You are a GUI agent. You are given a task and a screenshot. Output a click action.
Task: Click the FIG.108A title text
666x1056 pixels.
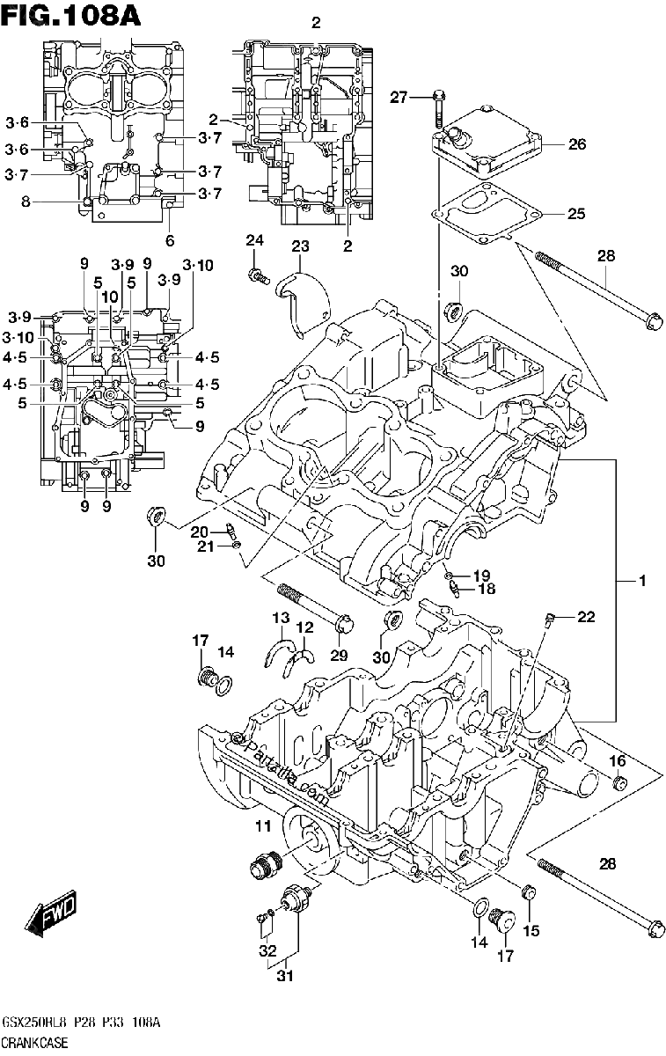coord(71,17)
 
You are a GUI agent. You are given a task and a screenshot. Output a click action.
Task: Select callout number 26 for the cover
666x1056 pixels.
coord(576,143)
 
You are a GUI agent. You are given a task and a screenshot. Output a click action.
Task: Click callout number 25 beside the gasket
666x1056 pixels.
coord(576,214)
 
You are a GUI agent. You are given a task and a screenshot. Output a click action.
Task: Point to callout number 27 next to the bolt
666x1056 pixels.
coord(399,98)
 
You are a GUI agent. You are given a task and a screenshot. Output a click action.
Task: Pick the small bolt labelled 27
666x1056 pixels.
coord(438,109)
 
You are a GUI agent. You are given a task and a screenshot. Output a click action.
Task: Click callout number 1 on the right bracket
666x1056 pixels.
coord(642,582)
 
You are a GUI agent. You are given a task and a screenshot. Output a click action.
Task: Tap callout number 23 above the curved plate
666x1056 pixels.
coord(300,246)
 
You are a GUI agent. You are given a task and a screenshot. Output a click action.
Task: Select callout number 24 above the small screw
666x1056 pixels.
coord(254,240)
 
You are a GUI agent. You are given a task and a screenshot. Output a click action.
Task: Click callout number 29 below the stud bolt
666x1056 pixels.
coord(339,655)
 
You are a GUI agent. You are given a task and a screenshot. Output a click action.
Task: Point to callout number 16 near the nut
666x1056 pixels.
coord(618,760)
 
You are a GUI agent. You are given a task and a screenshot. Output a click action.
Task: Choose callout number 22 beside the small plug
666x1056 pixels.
coord(586,617)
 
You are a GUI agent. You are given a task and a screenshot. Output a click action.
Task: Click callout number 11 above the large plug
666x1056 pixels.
coord(263,825)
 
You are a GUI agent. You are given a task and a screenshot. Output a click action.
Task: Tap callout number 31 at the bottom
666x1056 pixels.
coord(285,975)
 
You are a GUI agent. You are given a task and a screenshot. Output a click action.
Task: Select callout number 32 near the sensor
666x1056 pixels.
coord(267,950)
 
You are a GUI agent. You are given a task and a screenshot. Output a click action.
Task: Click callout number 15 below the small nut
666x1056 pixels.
coord(531,931)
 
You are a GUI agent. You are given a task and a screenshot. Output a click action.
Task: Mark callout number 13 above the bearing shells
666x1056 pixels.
coord(281,618)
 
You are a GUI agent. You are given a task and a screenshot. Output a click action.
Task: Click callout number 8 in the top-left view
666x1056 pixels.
coord(26,202)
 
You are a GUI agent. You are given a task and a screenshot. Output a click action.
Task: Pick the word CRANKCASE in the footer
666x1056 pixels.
coord(35,1043)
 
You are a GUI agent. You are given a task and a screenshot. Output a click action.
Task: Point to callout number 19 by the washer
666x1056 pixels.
coord(482,576)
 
